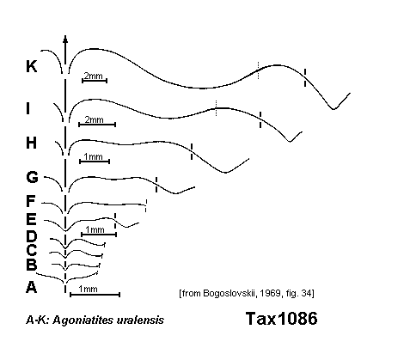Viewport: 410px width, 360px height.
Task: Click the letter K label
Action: tap(32, 66)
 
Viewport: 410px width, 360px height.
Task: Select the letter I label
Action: tap(28, 108)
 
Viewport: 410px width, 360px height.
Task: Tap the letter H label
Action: tap(32, 143)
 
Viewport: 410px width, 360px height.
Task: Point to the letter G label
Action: tap(32, 177)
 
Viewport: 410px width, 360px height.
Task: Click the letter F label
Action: tap(30, 201)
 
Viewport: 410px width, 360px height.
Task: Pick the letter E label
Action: tap(31, 219)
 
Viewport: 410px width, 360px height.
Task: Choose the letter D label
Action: tap(32, 236)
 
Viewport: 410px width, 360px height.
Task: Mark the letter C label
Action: tap(32, 250)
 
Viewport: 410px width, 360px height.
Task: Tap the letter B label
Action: tap(32, 265)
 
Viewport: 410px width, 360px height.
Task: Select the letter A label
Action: tap(32, 287)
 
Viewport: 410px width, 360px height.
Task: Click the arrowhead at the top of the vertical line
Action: tap(65, 40)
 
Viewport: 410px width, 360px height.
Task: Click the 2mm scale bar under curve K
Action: tap(95, 81)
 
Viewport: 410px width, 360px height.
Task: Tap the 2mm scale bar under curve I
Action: tap(97, 125)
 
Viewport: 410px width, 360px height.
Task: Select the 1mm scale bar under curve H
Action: tap(95, 162)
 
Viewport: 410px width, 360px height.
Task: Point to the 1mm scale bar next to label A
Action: tap(95, 294)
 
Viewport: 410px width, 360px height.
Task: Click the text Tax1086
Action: tap(282, 319)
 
